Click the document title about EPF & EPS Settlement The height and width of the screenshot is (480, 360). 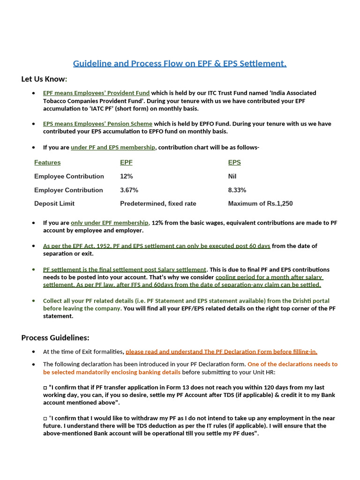pyautogui.click(x=180, y=63)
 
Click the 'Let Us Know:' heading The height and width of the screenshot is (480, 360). pyautogui.click(x=44, y=79)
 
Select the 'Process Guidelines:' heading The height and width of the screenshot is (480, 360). pyautogui.click(x=55, y=337)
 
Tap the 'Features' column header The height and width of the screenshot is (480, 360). pyautogui.click(x=47, y=163)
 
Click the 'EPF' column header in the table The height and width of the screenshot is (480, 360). pyautogui.click(x=126, y=163)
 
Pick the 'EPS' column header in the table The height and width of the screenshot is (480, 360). pyautogui.click(x=234, y=163)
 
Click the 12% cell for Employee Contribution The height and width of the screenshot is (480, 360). pyautogui.click(x=127, y=176)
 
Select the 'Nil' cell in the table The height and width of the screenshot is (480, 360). pyautogui.click(x=232, y=176)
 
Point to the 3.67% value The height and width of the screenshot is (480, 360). pyautogui.click(x=129, y=190)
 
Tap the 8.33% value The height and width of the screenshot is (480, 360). pyautogui.click(x=237, y=190)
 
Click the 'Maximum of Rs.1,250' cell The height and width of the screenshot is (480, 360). pyautogui.click(x=260, y=203)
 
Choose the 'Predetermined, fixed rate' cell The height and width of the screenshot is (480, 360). pyautogui.click(x=158, y=203)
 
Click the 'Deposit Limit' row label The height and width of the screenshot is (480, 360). pyautogui.click(x=54, y=203)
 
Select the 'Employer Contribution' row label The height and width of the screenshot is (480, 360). pyautogui.click(x=68, y=190)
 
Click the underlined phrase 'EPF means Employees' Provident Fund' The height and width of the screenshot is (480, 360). pyautogui.click(x=96, y=93)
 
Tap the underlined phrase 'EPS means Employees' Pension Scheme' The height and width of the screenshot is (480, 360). pyautogui.click(x=97, y=124)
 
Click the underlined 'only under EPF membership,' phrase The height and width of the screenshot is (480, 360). pyautogui.click(x=110, y=223)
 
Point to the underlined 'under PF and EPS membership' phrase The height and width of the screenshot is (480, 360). pyautogui.click(x=112, y=147)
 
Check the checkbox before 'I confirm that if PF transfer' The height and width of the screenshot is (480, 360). pyautogui.click(x=45, y=388)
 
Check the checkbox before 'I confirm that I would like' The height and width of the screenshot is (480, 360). pyautogui.click(x=45, y=418)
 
